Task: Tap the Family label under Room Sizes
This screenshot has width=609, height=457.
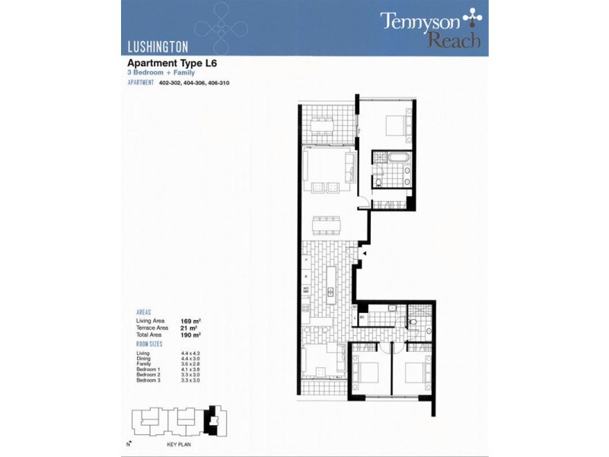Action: (145, 365)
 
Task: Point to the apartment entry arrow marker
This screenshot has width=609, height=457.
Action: (365, 254)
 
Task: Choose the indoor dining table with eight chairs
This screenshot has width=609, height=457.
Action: (327, 225)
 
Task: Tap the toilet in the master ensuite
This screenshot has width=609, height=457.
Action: (378, 181)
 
